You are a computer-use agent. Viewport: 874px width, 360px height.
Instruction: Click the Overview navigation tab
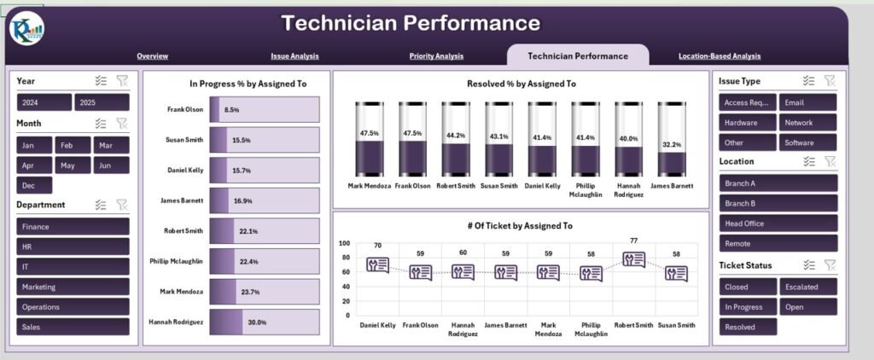pos(152,56)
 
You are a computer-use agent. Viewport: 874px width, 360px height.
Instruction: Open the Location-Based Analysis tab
pos(719,56)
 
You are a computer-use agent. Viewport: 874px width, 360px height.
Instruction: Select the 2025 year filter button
pos(101,102)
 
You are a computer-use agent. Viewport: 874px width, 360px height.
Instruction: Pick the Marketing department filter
pos(73,287)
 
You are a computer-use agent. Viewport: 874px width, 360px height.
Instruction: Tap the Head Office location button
pos(778,224)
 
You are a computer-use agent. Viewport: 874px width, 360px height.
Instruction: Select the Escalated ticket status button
pos(807,287)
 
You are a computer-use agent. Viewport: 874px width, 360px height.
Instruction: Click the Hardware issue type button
pos(747,123)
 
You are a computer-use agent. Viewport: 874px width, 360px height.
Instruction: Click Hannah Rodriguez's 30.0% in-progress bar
pos(264,322)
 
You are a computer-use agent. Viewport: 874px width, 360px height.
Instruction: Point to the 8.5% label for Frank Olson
pos(231,110)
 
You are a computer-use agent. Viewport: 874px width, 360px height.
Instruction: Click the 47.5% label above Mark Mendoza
pos(370,134)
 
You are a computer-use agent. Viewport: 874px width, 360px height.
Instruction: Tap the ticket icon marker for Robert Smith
pos(633,259)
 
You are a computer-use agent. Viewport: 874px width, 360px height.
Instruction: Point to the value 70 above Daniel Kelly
pos(377,246)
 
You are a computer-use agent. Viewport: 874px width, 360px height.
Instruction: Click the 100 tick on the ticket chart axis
pos(344,243)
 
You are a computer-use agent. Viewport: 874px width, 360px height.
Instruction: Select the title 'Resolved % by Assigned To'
pos(521,84)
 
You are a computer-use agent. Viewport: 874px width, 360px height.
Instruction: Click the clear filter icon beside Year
pos(122,80)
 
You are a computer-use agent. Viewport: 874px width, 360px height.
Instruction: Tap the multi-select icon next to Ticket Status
pos(809,265)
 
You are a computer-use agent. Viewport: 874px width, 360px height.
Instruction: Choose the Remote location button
pos(778,243)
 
